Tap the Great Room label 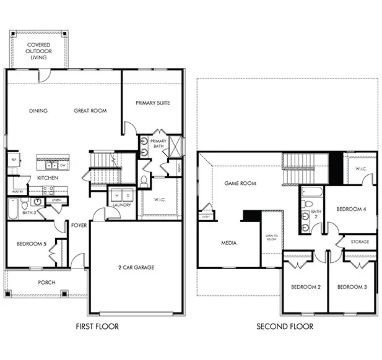click(90, 111)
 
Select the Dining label click(38, 111)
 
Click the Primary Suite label click(153, 103)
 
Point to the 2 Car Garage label click(136, 267)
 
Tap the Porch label click(46, 282)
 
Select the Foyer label click(79, 225)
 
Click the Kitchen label click(48, 178)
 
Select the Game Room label click(240, 184)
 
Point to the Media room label click(228, 243)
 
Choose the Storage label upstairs click(360, 241)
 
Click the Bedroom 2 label click(306, 287)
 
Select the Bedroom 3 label click(352, 287)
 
